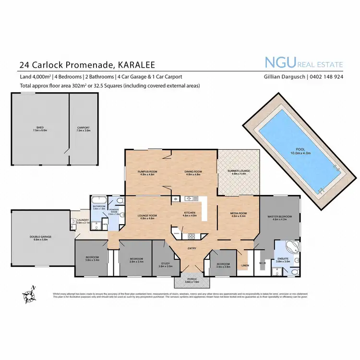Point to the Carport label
(84, 129)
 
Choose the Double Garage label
(43, 238)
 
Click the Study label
(165, 264)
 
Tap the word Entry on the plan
(192, 248)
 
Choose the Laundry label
(83, 221)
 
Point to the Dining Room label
(193, 173)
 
